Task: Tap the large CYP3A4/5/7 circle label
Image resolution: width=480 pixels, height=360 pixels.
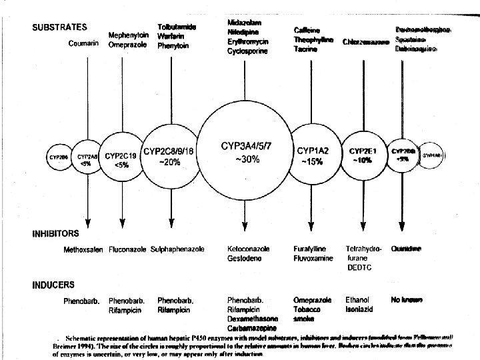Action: point(247,145)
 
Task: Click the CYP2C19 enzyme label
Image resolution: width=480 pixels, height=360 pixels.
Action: point(122,156)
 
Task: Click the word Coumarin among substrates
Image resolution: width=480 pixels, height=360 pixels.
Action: point(83,44)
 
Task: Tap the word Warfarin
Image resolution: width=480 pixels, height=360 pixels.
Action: point(171,36)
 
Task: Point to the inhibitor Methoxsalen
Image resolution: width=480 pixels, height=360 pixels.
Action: point(83,249)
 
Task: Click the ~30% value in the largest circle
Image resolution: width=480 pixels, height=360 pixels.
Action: point(247,159)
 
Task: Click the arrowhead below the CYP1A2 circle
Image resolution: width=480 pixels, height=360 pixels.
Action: point(312,222)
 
